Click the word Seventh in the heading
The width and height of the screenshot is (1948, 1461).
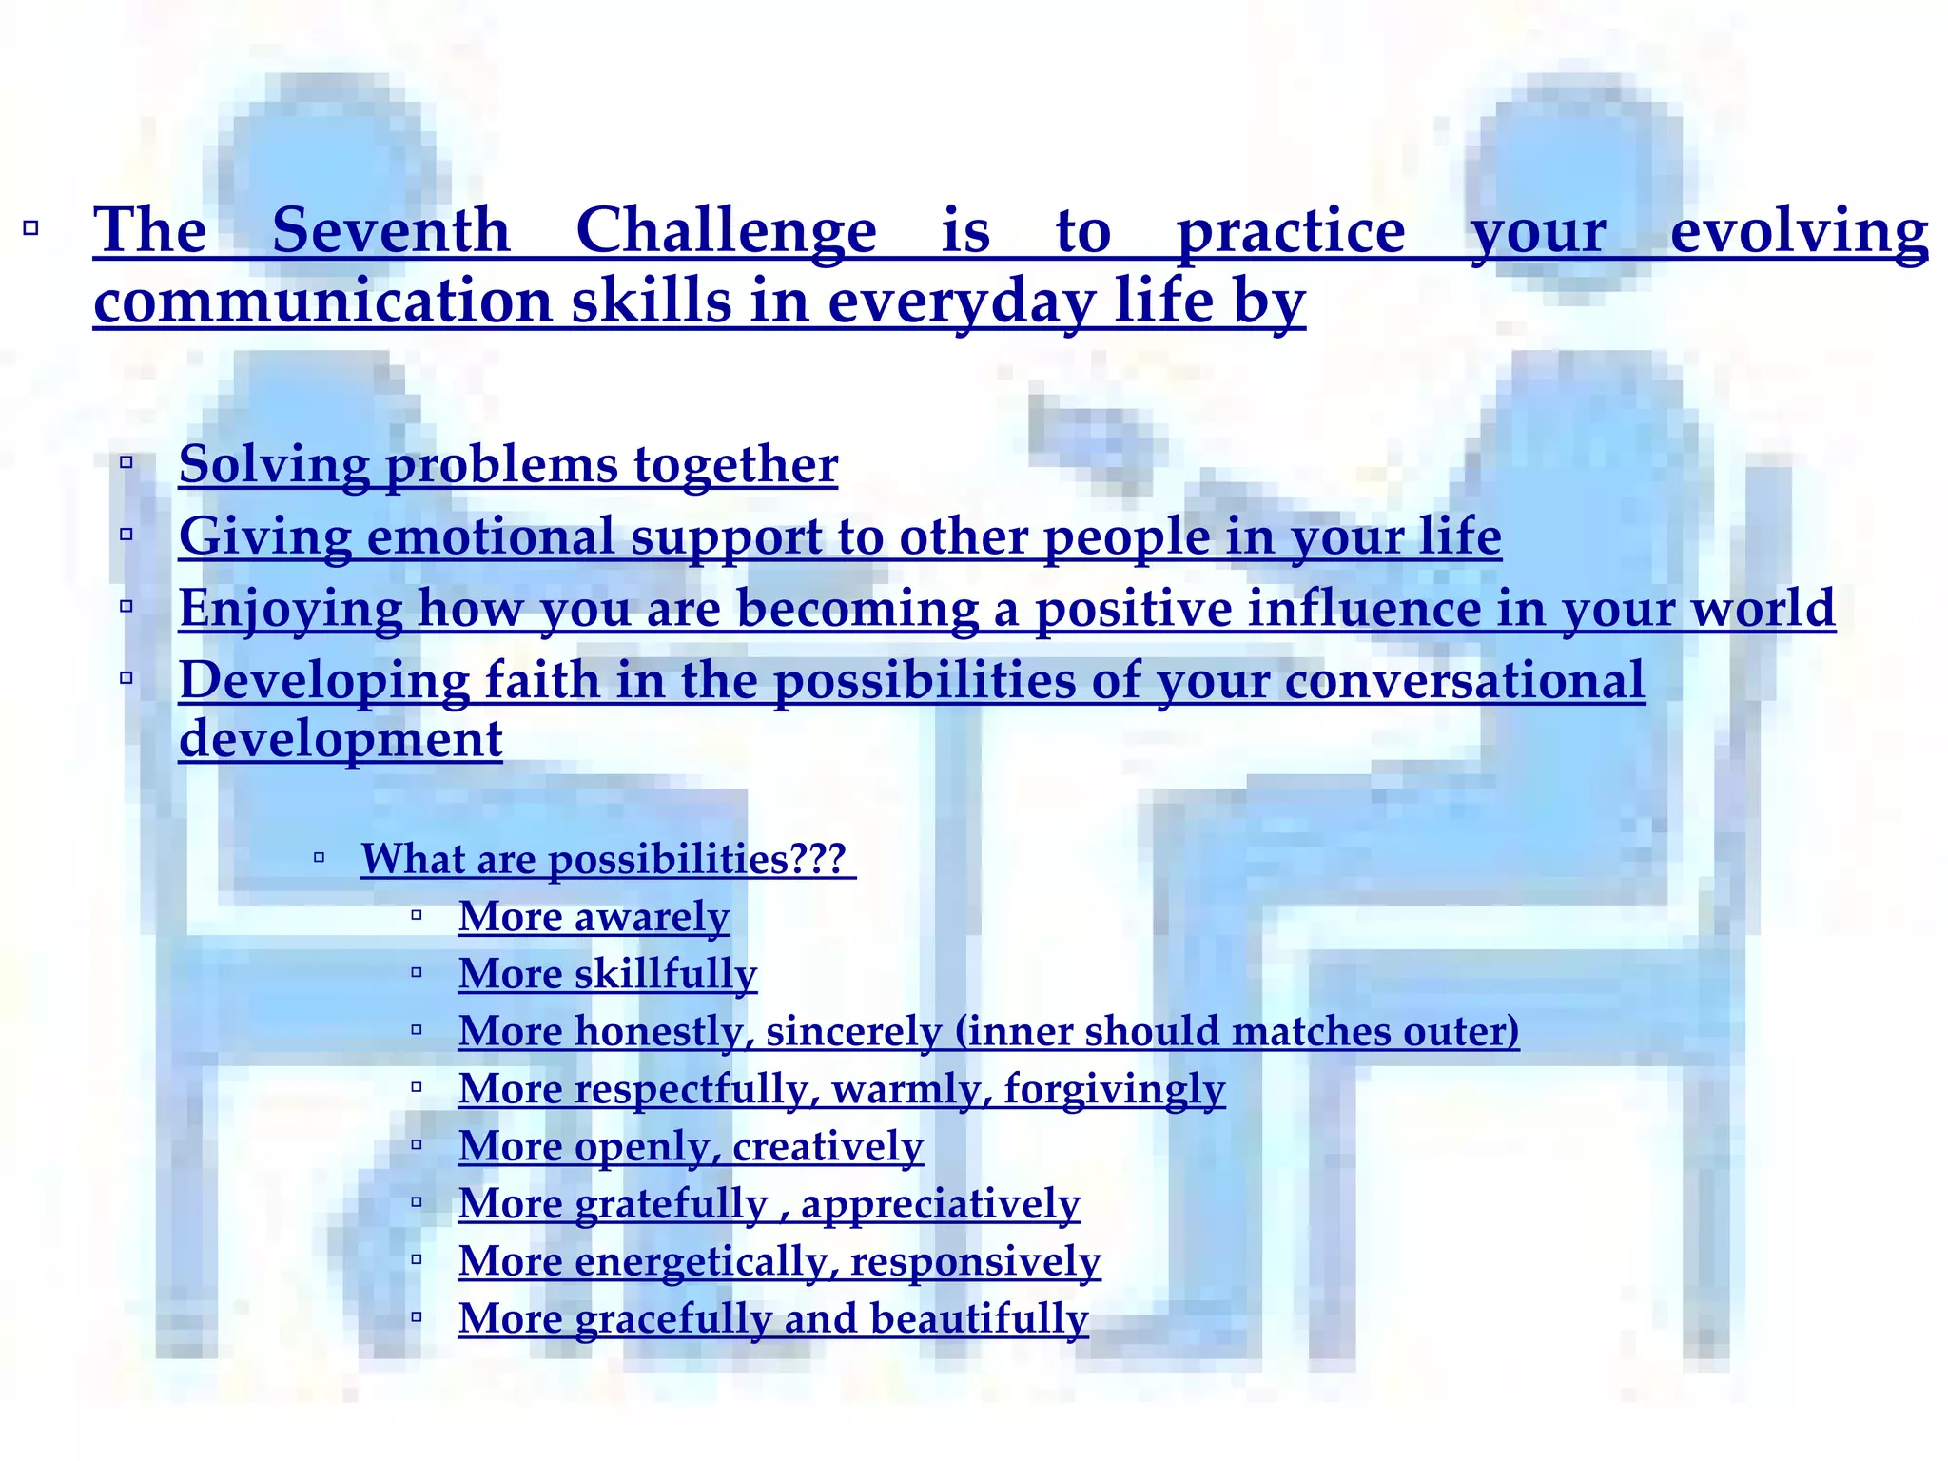tap(391, 231)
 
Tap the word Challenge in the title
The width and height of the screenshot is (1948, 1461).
tap(726, 231)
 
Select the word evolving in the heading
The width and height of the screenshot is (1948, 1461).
tap(1799, 231)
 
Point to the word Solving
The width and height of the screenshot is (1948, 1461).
tap(274, 465)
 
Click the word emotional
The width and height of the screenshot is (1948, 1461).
tap(491, 536)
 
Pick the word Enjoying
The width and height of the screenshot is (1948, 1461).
tap(291, 609)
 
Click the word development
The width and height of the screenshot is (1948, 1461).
tap(341, 739)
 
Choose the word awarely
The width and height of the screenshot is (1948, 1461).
tap(652, 917)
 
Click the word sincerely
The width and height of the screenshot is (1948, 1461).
tap(853, 1032)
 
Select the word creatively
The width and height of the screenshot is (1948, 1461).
tap(828, 1147)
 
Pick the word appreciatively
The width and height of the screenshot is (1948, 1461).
tap(940, 1204)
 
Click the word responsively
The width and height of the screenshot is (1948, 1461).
tap(975, 1262)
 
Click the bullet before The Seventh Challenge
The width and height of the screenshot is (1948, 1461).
tap(30, 228)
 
